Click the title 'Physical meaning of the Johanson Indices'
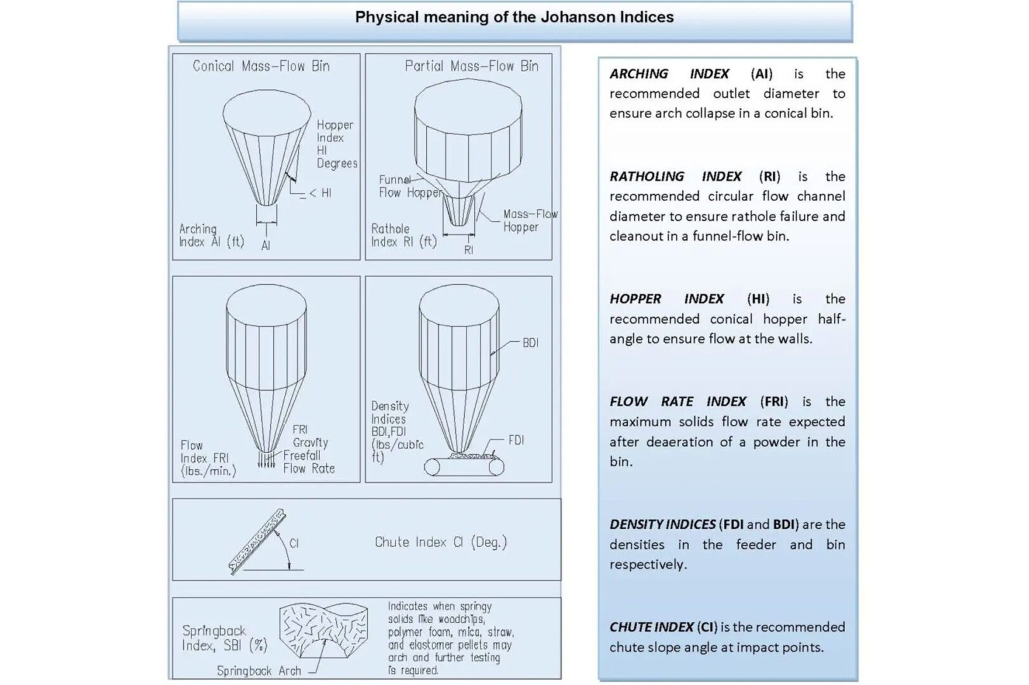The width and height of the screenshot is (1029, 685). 514,17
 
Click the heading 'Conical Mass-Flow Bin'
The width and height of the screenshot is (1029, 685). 261,66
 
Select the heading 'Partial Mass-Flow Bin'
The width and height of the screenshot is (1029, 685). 471,66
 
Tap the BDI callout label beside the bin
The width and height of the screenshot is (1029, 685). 530,343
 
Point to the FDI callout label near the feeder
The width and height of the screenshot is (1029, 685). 516,440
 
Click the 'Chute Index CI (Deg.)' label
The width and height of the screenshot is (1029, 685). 441,542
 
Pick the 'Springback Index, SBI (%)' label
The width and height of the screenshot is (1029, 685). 224,638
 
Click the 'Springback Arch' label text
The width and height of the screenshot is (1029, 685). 259,670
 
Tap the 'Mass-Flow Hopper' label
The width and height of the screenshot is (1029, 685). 529,221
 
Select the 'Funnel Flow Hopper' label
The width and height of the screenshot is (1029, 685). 409,186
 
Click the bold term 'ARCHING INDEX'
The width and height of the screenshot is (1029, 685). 669,74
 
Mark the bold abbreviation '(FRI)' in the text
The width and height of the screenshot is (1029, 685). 773,401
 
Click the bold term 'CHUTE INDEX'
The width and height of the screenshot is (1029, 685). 651,627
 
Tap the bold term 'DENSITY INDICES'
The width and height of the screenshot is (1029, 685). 662,525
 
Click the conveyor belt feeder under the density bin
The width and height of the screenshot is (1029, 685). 463,467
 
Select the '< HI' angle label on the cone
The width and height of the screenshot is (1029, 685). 320,193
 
